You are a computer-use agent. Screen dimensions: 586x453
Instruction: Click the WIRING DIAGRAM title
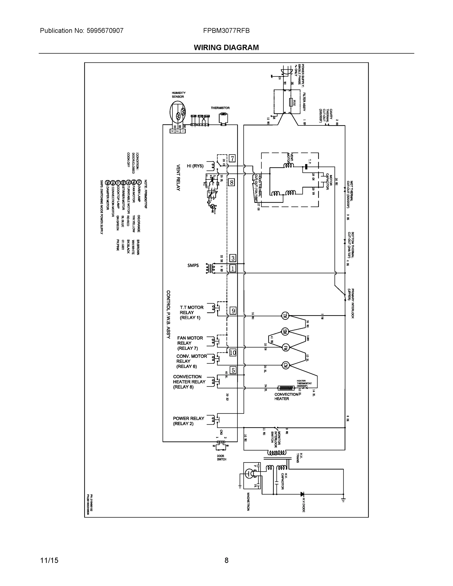(x=226, y=48)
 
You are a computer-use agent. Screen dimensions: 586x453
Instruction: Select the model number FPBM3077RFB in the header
(x=226, y=31)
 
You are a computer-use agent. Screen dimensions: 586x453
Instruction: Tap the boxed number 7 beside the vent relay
(x=232, y=158)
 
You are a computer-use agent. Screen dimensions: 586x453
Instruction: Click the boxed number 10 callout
(x=233, y=353)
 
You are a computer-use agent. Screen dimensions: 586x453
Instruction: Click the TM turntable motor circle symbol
(x=285, y=316)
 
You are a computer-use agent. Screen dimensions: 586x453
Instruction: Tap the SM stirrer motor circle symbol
(x=285, y=332)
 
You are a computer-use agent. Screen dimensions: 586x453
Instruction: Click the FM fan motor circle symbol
(x=285, y=348)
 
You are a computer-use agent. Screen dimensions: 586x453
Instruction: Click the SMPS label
(x=193, y=265)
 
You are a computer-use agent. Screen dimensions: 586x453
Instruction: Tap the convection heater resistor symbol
(x=286, y=388)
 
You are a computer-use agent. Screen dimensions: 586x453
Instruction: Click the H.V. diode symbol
(x=302, y=494)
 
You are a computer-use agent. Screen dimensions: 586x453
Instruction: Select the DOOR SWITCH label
(x=221, y=458)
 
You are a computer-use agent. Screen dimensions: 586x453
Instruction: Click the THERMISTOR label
(x=220, y=108)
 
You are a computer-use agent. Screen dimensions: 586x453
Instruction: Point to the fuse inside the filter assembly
(x=291, y=102)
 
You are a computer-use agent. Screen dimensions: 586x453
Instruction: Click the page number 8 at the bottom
(x=226, y=560)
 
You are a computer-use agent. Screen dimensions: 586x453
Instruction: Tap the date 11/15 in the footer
(x=49, y=560)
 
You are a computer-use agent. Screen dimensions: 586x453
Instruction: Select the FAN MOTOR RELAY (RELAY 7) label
(x=190, y=343)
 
